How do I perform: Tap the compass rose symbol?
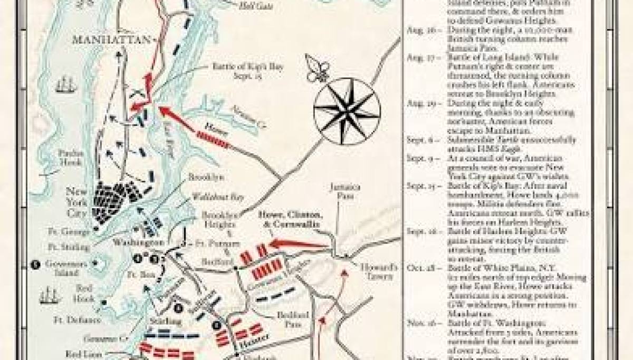click(347, 110)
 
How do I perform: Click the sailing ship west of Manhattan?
click(65, 84)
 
